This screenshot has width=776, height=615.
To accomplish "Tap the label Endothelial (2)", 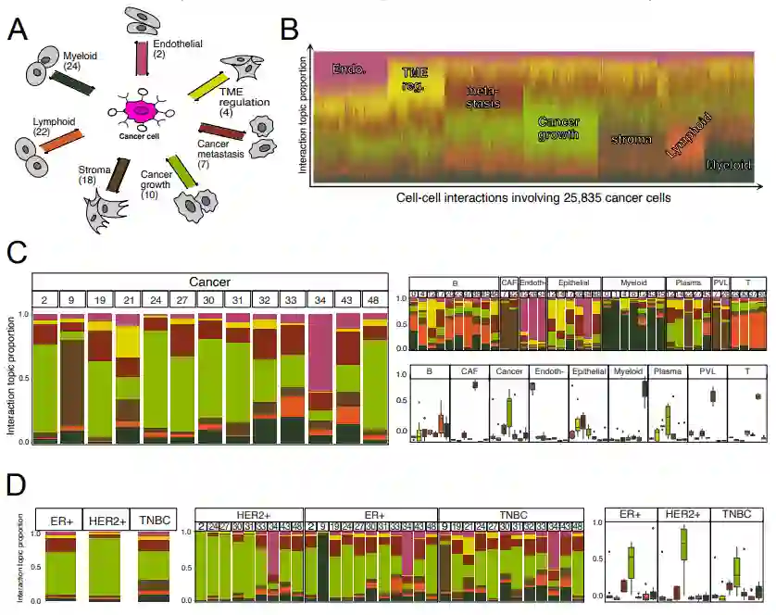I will point(178,49).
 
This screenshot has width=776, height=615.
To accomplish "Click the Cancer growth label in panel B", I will point(558,130).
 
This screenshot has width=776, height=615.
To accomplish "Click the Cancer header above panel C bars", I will point(209,282).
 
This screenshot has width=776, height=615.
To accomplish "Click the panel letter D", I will point(16,487).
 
